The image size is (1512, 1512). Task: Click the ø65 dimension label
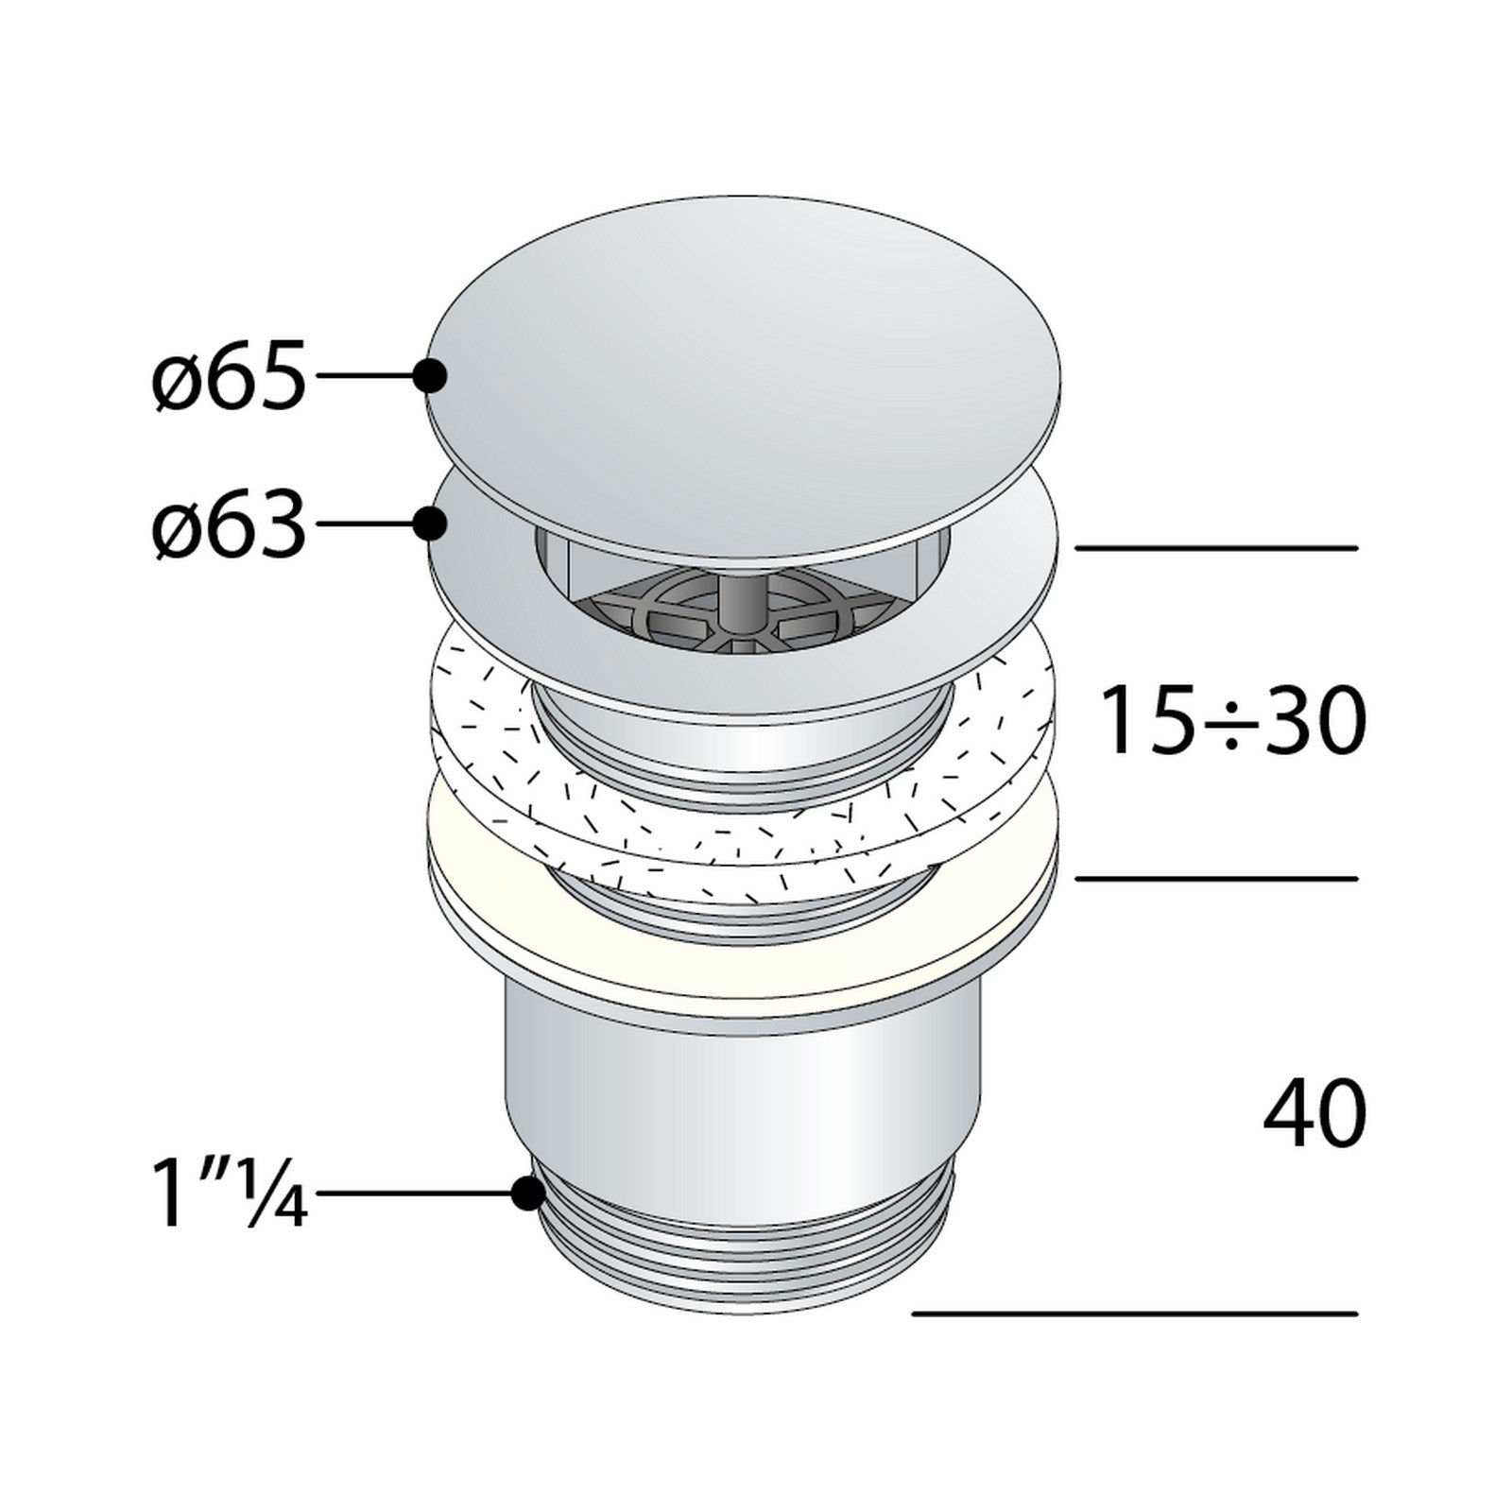tap(230, 376)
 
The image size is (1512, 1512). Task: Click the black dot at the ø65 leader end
tap(431, 376)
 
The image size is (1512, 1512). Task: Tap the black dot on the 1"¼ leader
tap(527, 1194)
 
